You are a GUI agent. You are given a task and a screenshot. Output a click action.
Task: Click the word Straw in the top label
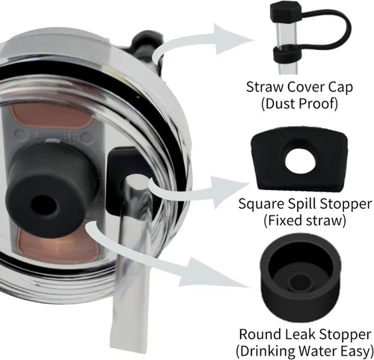tap(265, 87)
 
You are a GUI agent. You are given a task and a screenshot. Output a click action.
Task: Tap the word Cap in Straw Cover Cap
tap(340, 88)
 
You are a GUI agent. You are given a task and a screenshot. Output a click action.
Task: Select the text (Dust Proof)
tap(299, 103)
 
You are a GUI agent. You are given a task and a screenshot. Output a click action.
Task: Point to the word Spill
tap(301, 204)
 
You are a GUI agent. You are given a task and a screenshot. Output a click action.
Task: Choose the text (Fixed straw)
tap(304, 220)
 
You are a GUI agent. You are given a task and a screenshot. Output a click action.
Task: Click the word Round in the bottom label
tap(258, 334)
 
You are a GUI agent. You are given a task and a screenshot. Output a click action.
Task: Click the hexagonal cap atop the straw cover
tap(286, 10)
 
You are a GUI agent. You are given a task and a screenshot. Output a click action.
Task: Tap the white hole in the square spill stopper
tap(300, 162)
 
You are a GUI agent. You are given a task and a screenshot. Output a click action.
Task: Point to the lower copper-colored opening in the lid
tap(58, 245)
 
